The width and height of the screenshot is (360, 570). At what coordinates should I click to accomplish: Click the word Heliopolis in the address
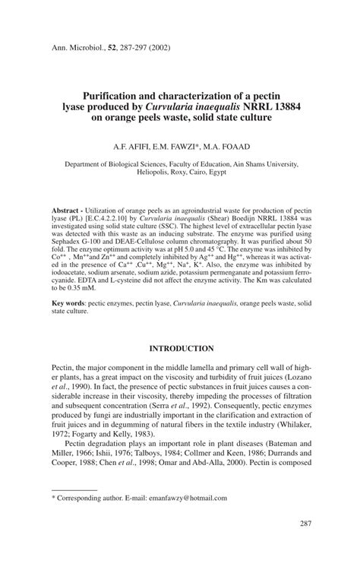156,172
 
